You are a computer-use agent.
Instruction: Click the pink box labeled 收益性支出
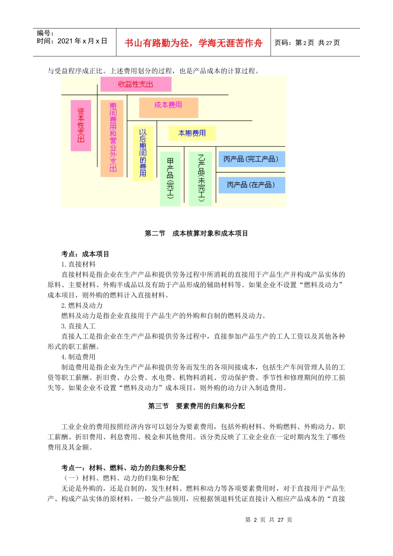click(136, 84)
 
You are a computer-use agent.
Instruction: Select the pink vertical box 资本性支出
click(81, 125)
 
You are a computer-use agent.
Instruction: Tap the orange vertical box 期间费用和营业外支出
click(112, 138)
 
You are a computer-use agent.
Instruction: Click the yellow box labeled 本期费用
click(192, 133)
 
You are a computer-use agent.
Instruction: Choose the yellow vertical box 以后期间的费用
click(143, 153)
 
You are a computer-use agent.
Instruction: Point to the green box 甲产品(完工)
click(170, 179)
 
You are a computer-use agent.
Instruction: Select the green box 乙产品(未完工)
click(200, 179)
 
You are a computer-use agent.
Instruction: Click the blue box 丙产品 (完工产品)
click(251, 159)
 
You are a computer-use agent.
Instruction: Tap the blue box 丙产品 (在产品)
click(251, 185)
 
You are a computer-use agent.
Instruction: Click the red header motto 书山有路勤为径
click(193, 43)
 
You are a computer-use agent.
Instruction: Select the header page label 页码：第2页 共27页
click(307, 43)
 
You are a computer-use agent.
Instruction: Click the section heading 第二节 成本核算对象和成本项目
click(196, 233)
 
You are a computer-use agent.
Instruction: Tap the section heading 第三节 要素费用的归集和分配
click(196, 406)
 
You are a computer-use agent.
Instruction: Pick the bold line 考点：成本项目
click(85, 254)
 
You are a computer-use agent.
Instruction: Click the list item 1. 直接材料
click(79, 264)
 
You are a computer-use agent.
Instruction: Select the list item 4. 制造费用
click(79, 357)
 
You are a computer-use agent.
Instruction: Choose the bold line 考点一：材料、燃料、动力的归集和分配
click(123, 468)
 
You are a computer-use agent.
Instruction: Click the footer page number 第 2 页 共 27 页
click(268, 520)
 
